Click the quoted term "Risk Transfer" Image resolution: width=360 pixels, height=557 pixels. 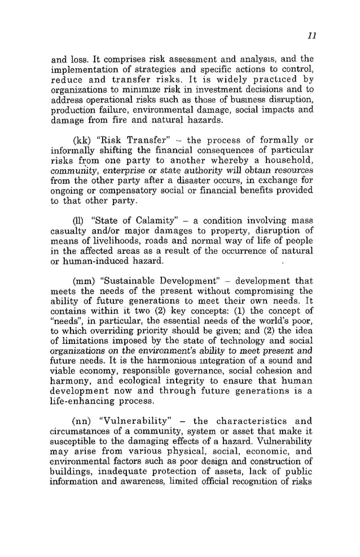[x=128, y=139]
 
